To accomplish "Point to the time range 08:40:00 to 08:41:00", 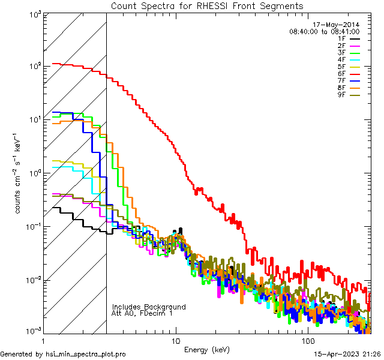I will (x=324, y=31).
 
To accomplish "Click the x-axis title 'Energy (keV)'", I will (x=207, y=350).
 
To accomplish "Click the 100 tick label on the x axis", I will (x=307, y=341).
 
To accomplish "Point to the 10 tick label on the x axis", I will (x=176, y=341).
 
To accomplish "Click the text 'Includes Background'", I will (x=149, y=307).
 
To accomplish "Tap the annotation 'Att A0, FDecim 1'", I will (x=143, y=314).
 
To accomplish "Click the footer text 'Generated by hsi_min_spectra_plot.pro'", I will (x=63, y=355).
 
